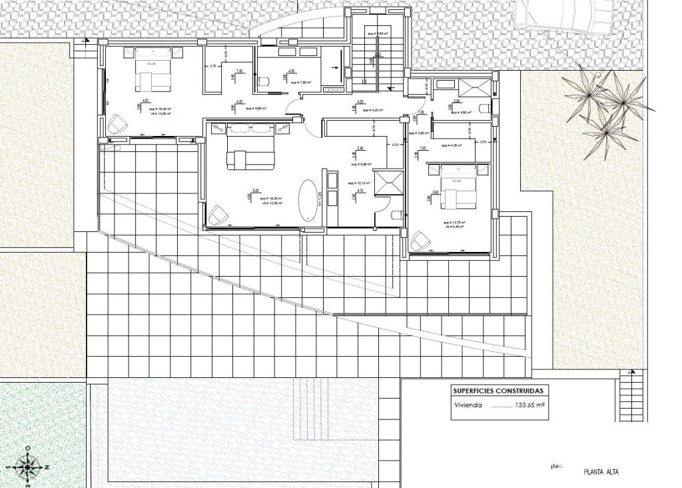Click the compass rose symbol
(27, 466)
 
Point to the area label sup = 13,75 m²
(454, 223)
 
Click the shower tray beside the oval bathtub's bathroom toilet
(389, 183)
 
